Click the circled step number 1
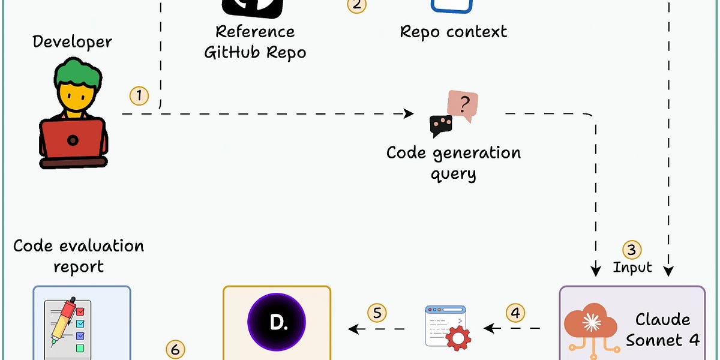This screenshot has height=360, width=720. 139,95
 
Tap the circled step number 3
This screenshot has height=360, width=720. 631,250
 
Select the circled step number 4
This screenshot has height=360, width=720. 515,313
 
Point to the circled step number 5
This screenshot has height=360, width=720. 377,313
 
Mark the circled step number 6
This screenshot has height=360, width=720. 175,349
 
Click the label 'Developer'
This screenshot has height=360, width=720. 72,42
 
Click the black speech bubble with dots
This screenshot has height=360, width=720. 441,125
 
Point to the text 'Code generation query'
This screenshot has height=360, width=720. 454,163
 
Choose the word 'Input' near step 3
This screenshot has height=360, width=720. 632,267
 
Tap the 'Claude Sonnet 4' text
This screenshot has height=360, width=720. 663,329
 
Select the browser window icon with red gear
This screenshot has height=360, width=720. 447,328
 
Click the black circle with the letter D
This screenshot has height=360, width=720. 277,322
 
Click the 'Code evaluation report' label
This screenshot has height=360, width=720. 79,256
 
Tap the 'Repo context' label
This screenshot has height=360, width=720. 454,31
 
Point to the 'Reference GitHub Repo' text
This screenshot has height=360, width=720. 256,41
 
